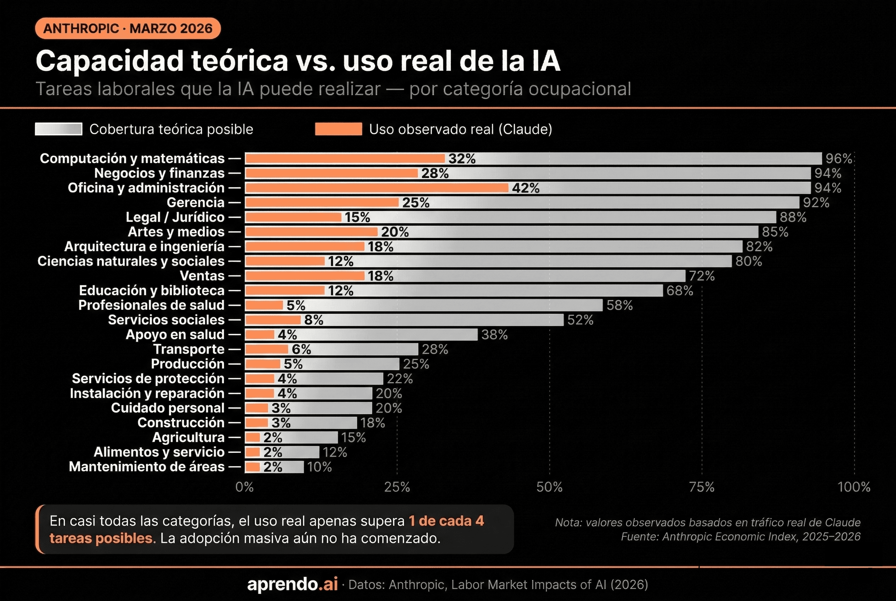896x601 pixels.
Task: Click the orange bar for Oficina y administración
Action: [376, 188]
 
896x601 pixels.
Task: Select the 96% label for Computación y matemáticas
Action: [839, 159]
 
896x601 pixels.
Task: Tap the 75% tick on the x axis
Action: [702, 487]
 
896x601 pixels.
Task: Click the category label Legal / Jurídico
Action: [175, 217]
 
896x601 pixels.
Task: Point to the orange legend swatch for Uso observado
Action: [338, 129]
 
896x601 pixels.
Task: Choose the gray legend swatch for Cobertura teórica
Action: [58, 129]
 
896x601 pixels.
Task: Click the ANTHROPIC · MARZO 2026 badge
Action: [128, 28]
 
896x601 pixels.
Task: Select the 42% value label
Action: [525, 188]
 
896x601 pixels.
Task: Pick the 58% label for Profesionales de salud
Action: [619, 305]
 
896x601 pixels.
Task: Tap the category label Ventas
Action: [202, 276]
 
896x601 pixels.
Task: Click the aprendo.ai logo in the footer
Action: [292, 584]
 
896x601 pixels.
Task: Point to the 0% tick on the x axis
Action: [245, 487]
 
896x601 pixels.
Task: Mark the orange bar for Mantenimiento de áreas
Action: [253, 467]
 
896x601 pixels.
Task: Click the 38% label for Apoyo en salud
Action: [494, 335]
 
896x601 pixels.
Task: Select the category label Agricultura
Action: [188, 437]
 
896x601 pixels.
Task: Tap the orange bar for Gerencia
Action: [322, 202]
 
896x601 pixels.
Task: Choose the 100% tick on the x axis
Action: [854, 487]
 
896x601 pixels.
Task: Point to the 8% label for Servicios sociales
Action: [313, 320]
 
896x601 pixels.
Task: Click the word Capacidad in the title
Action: [110, 61]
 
